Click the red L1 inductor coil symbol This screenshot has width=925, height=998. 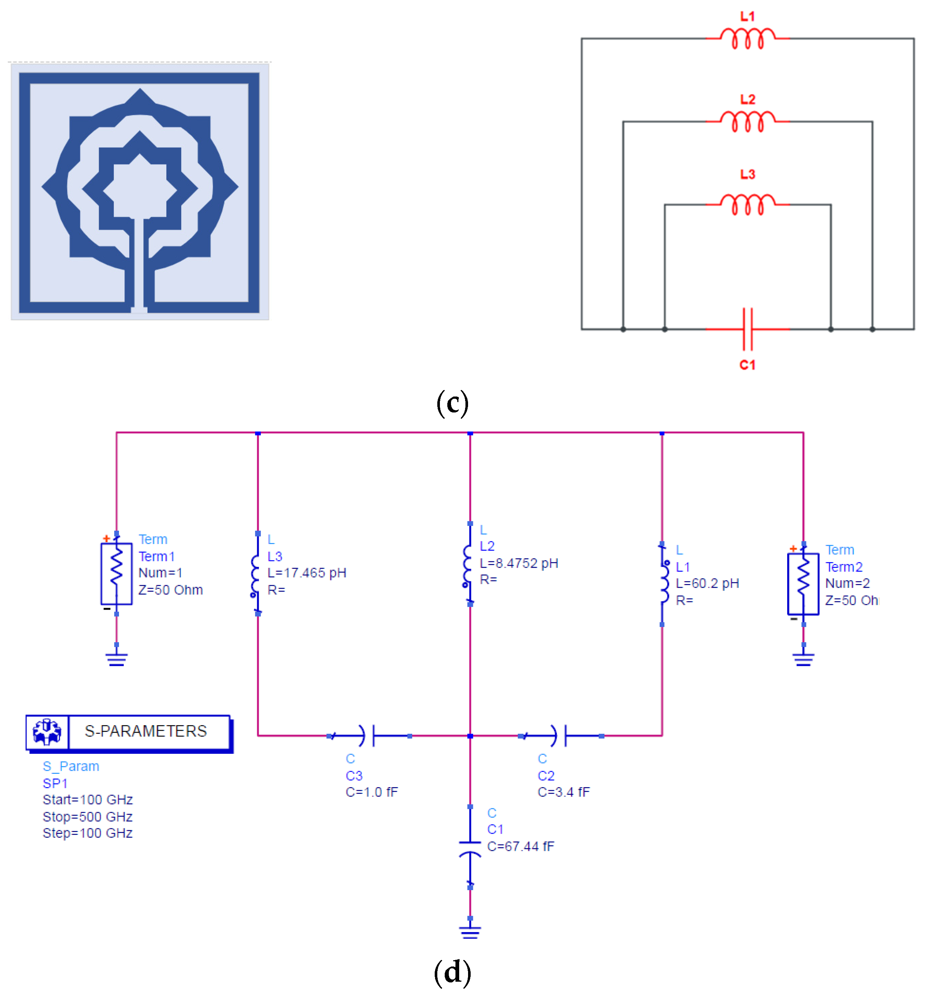[747, 39]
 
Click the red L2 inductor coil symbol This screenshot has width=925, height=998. [747, 122]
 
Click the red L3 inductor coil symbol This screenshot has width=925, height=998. [747, 205]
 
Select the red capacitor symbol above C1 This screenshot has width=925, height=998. [747, 329]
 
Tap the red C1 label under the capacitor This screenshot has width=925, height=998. [747, 365]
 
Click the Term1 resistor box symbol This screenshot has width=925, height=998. [117, 574]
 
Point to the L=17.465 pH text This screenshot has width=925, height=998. [307, 573]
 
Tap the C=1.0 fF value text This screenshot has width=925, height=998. [371, 792]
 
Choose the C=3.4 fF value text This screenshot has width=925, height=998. [564, 792]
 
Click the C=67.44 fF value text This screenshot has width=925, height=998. [521, 846]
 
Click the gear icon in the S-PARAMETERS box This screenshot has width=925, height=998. [47, 732]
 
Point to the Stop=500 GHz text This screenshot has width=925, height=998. [87, 817]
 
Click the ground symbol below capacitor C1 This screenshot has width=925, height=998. [470, 932]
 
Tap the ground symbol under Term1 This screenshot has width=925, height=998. [117, 660]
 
